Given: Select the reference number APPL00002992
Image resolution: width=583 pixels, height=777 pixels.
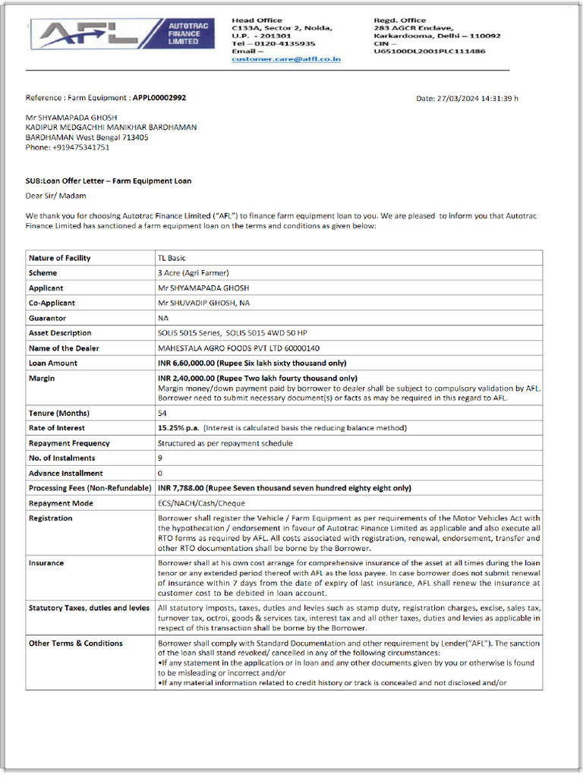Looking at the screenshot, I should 159,98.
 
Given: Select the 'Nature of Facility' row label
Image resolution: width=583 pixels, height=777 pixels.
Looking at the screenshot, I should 59,258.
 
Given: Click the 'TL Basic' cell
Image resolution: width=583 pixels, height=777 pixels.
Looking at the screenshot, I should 174,258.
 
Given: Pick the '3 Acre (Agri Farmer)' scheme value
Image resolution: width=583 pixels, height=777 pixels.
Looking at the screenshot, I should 193,273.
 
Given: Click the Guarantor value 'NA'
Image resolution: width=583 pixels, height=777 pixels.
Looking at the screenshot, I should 163,318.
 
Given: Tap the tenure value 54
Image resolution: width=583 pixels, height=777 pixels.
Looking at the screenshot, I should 162,414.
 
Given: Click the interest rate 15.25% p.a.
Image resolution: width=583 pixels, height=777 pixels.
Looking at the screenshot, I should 178,428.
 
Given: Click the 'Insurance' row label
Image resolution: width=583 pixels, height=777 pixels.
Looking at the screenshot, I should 46,563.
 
